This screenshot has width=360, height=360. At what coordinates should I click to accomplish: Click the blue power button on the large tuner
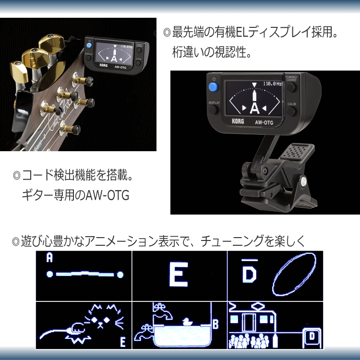(x=213, y=87)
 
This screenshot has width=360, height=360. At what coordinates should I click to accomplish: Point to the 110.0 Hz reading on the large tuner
(x=273, y=84)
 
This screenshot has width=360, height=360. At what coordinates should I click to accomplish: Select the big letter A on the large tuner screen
(x=254, y=106)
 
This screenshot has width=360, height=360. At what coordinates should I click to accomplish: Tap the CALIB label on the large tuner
(x=292, y=104)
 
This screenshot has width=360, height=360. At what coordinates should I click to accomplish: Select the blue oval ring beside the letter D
(x=294, y=275)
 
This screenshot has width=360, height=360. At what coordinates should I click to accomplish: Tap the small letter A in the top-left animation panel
(x=49, y=258)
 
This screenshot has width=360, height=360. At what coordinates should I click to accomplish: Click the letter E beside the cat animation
(x=123, y=342)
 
